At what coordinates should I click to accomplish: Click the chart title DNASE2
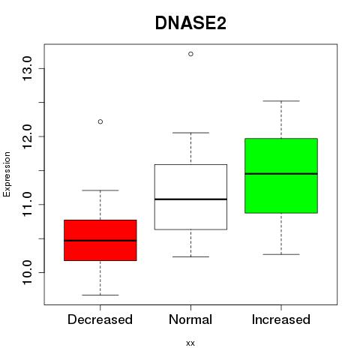(190, 23)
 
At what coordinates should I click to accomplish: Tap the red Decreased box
(100, 240)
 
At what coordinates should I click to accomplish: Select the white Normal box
(190, 197)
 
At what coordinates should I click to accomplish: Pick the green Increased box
(281, 175)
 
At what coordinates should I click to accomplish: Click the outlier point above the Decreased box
(100, 121)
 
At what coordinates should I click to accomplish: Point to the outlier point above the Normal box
(190, 54)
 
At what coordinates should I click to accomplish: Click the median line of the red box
(100, 241)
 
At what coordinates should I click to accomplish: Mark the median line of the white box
(190, 199)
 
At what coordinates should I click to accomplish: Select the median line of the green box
(281, 173)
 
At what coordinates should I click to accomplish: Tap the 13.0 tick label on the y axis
(27, 68)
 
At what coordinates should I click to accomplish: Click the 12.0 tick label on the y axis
(27, 136)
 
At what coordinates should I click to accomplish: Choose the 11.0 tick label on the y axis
(27, 205)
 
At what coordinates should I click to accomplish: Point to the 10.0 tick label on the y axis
(27, 272)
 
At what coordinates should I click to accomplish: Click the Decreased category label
(100, 319)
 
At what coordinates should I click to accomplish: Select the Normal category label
(190, 319)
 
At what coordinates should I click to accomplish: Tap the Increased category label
(281, 319)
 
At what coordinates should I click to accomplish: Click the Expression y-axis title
(7, 174)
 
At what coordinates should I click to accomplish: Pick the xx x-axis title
(190, 343)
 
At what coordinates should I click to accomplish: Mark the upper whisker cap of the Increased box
(281, 101)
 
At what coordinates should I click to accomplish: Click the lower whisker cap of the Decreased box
(100, 295)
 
